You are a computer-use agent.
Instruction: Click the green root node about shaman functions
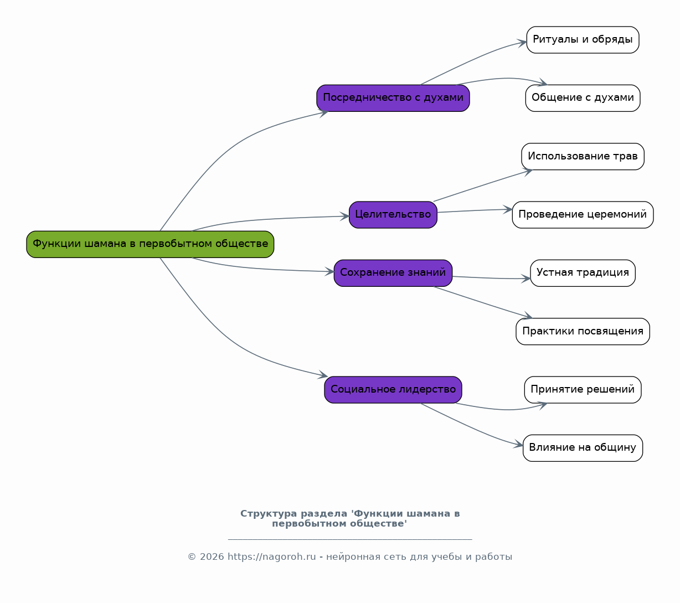[150, 244]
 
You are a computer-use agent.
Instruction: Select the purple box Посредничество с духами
[393, 98]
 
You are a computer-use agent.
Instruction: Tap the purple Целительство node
[393, 215]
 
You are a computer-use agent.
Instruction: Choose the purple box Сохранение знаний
[393, 273]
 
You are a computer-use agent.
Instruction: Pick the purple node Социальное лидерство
[393, 390]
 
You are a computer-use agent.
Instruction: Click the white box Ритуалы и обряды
[583, 40]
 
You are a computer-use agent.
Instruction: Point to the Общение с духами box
[583, 98]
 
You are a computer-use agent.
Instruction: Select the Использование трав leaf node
[583, 156]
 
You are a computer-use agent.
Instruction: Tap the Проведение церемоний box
[583, 215]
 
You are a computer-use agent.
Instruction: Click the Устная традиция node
[583, 273]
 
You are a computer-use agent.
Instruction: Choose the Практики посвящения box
[583, 332]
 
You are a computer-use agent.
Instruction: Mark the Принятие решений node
[583, 390]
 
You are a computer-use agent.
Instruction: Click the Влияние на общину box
[583, 448]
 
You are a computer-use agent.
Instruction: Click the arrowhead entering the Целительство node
[344, 217]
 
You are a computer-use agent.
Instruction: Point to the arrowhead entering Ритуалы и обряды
[522, 43]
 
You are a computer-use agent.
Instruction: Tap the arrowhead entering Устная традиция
[526, 279]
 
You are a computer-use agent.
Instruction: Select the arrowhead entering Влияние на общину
[518, 445]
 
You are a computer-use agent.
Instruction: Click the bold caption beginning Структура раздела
[350, 518]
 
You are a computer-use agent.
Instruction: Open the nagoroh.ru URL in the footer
[271, 557]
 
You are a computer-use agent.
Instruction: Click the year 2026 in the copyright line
[212, 557]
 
